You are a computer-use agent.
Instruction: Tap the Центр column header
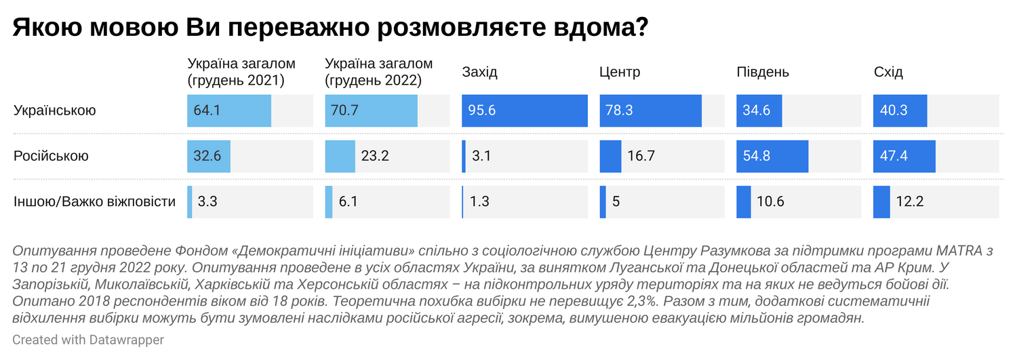pos(620,73)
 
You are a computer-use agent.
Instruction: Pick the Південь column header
pos(763,73)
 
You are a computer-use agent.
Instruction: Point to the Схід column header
pos(888,73)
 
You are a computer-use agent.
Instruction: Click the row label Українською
pos(55,111)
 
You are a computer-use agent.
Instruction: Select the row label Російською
pos(51,156)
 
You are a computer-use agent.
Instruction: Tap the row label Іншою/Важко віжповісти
pos(94,201)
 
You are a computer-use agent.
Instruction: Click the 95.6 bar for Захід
pos(524,111)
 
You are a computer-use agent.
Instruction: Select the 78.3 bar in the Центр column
pos(650,111)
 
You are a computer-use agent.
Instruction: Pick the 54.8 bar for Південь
pos(772,156)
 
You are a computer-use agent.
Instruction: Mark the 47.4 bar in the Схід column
pos(904,156)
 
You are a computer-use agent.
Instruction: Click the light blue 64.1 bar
pos(229,111)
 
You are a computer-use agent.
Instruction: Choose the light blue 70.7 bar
pos(371,111)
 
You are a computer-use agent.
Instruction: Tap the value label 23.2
pos(376,156)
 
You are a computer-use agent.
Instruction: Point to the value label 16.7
pos(641,156)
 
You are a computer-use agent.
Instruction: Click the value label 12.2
pos(910,201)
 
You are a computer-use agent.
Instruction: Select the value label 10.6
pos(772,201)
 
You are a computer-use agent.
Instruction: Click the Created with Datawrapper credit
pos(88,340)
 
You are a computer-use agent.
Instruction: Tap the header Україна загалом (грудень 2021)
pos(241,72)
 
